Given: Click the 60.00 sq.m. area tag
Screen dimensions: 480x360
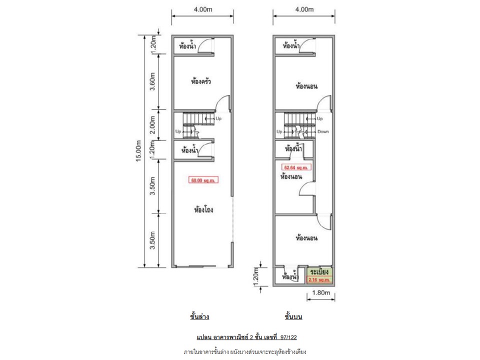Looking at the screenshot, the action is pos(203,180).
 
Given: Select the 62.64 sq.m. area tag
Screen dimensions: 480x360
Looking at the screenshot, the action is pos(296,167).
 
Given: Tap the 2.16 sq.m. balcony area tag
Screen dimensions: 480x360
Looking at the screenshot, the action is pos(319,280).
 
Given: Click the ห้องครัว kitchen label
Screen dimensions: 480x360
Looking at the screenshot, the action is pos(201,81).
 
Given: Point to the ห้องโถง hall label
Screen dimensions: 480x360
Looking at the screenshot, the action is pos(203,209).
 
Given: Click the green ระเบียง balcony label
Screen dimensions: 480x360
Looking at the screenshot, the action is pos(319,272).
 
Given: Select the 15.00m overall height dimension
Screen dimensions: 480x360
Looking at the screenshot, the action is pos(138,151).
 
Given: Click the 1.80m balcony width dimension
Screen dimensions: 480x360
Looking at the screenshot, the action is pos(321,292).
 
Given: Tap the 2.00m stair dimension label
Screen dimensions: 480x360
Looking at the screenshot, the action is pos(152,125).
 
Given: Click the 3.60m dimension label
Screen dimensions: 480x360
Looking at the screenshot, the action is pos(152,81).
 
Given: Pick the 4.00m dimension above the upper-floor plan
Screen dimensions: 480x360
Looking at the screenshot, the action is pos(304,9).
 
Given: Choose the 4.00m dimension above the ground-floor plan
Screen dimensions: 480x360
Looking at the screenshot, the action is pos(202,9).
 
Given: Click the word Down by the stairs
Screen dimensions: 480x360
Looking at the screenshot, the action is pos(323,131).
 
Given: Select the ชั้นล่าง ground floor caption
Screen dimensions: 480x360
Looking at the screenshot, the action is pos(199,316).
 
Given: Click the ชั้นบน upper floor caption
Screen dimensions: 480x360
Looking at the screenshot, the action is pos(293,316).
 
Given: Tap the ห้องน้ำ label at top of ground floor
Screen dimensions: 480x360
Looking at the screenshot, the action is pos(187,46).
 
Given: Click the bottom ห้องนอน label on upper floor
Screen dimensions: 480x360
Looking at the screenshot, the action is pos(306,238).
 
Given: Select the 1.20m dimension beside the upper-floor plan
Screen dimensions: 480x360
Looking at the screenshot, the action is pos(256,277).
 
